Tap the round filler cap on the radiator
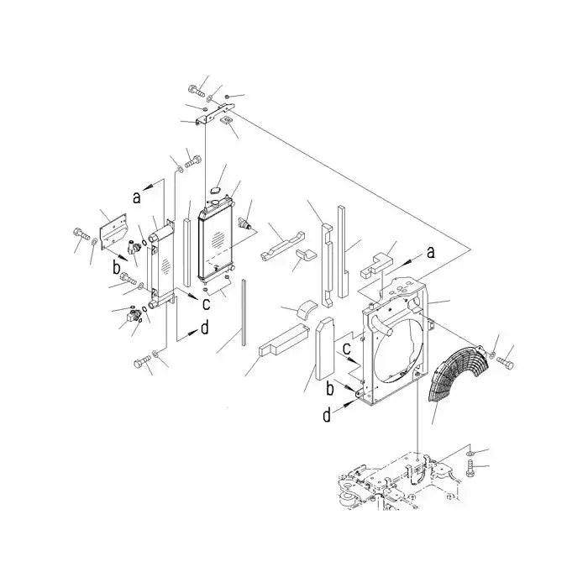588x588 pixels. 215,203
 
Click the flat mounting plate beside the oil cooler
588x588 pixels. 113,228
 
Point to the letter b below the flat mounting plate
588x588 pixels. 117,268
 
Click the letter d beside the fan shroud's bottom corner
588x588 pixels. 327,415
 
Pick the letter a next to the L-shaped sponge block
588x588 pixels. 431,252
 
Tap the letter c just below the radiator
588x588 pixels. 206,304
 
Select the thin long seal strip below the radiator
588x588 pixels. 244,312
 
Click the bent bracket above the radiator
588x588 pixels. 214,113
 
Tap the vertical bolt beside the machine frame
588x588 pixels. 470,469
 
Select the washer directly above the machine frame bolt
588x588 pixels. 470,454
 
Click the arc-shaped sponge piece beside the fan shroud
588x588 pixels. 307,310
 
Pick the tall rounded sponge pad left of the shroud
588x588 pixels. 324,349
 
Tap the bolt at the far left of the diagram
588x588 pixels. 81,234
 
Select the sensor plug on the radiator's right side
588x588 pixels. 245,223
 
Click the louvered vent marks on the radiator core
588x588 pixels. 217,240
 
